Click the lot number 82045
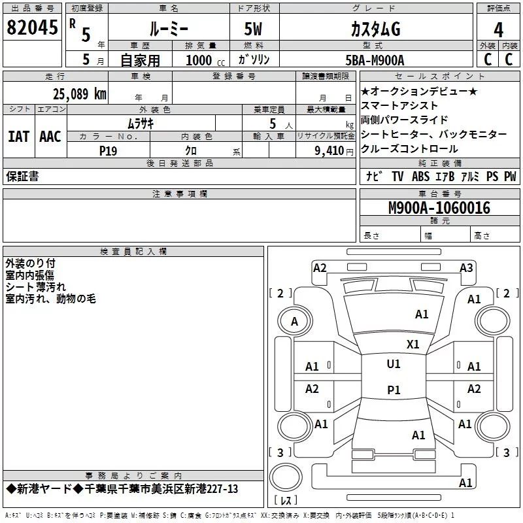click(31, 28)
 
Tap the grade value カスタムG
click(375, 29)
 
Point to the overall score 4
click(499, 29)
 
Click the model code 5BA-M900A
click(375, 60)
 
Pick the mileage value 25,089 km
click(80, 93)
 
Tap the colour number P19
click(108, 150)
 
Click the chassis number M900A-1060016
click(439, 209)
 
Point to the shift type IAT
click(18, 136)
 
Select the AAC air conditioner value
click(50, 136)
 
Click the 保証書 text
click(22, 176)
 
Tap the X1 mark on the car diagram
click(413, 344)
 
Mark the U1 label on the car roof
click(393, 364)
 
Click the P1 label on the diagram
click(393, 390)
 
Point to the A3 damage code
click(466, 267)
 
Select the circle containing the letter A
click(294, 321)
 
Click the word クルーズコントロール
click(410, 148)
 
